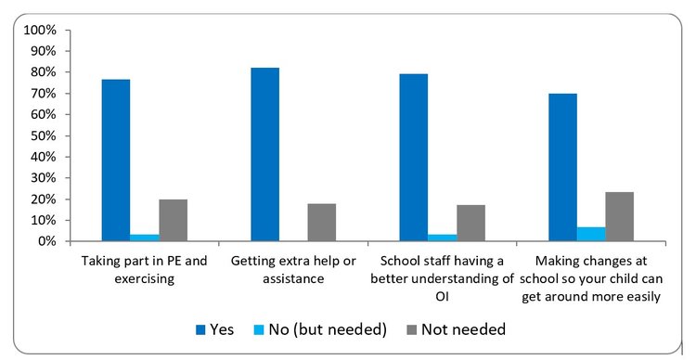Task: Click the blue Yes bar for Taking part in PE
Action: [x=116, y=161]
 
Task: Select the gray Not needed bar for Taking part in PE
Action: [x=173, y=221]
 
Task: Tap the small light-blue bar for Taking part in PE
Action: [x=145, y=238]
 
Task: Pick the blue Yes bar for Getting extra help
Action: [x=264, y=155]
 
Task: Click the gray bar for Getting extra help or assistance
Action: [x=321, y=223]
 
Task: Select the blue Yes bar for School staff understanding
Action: [x=414, y=158]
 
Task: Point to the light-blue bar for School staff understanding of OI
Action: [x=443, y=238]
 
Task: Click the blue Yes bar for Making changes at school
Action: [x=562, y=168]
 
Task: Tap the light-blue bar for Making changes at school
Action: [x=591, y=234]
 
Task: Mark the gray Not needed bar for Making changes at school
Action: [x=619, y=217]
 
